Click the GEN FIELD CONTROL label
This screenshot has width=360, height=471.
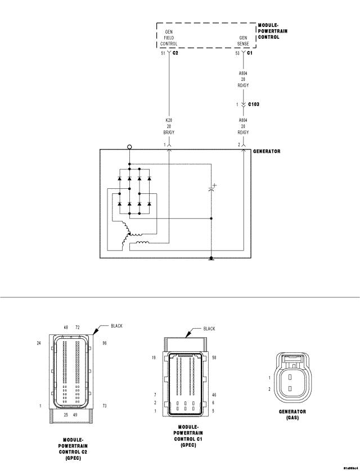click(x=169, y=38)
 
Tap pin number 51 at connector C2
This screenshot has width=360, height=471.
click(x=163, y=53)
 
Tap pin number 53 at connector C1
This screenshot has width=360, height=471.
click(x=237, y=53)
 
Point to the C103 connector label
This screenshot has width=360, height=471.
click(x=253, y=104)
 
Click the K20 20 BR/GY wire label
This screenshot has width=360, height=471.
click(x=169, y=126)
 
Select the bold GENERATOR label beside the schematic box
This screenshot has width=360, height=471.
click(x=267, y=152)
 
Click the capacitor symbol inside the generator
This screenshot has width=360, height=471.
click(x=211, y=189)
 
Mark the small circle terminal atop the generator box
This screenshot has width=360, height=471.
click(x=129, y=147)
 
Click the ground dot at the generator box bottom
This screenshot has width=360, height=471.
click(x=211, y=259)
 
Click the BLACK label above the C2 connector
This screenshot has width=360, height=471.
click(x=116, y=326)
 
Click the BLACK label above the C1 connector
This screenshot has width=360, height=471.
click(x=209, y=329)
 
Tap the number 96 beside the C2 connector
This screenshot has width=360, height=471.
click(x=105, y=342)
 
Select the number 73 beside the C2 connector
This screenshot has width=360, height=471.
click(x=105, y=405)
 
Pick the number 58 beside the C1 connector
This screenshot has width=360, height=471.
click(x=215, y=357)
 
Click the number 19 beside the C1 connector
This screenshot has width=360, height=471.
click(x=154, y=357)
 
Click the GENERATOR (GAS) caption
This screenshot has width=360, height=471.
click(x=292, y=415)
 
